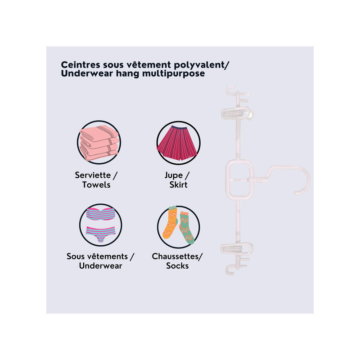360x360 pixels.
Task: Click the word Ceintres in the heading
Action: click(x=81, y=64)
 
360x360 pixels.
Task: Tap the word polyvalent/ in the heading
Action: click(x=201, y=65)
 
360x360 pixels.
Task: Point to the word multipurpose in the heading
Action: click(x=173, y=74)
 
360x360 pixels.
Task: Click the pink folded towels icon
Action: click(x=99, y=142)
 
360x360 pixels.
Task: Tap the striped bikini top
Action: click(x=100, y=214)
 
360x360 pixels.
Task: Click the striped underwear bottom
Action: click(x=100, y=234)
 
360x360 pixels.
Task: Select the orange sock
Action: click(x=170, y=222)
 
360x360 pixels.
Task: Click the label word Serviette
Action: click(x=93, y=175)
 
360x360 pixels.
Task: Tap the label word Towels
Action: click(x=96, y=184)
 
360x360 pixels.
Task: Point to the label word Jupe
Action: click(x=174, y=175)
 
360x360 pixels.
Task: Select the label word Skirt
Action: click(x=178, y=184)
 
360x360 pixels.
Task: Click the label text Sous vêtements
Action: click(x=97, y=256)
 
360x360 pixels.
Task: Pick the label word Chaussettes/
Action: click(x=177, y=256)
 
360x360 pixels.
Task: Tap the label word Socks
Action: click(x=177, y=265)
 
